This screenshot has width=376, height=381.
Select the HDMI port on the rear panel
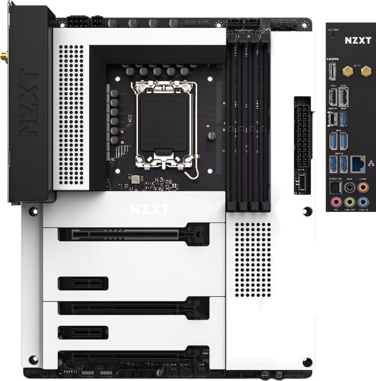coord(333,72)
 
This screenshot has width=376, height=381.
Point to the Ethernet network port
coord(358,165)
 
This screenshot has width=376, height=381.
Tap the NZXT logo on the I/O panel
coord(357,41)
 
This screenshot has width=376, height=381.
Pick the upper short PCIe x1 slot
coord(83,283)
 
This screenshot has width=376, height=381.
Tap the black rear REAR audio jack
coord(349,187)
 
